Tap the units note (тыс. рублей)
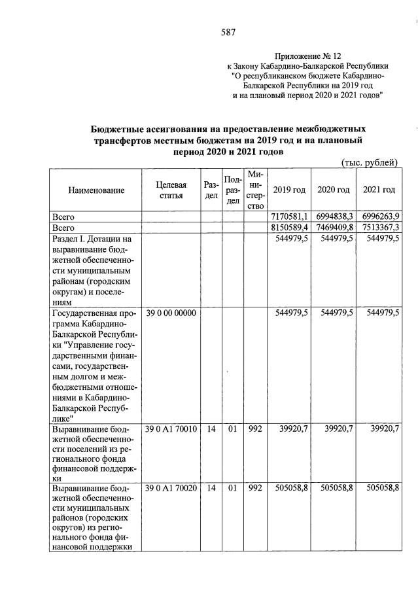coord(370,162)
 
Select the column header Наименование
coord(96,190)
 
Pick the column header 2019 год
coord(289,190)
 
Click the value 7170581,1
coord(289,217)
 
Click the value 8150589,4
coord(289,227)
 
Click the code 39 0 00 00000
coord(170,313)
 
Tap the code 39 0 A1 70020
coord(170,488)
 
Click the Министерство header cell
coord(255,190)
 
